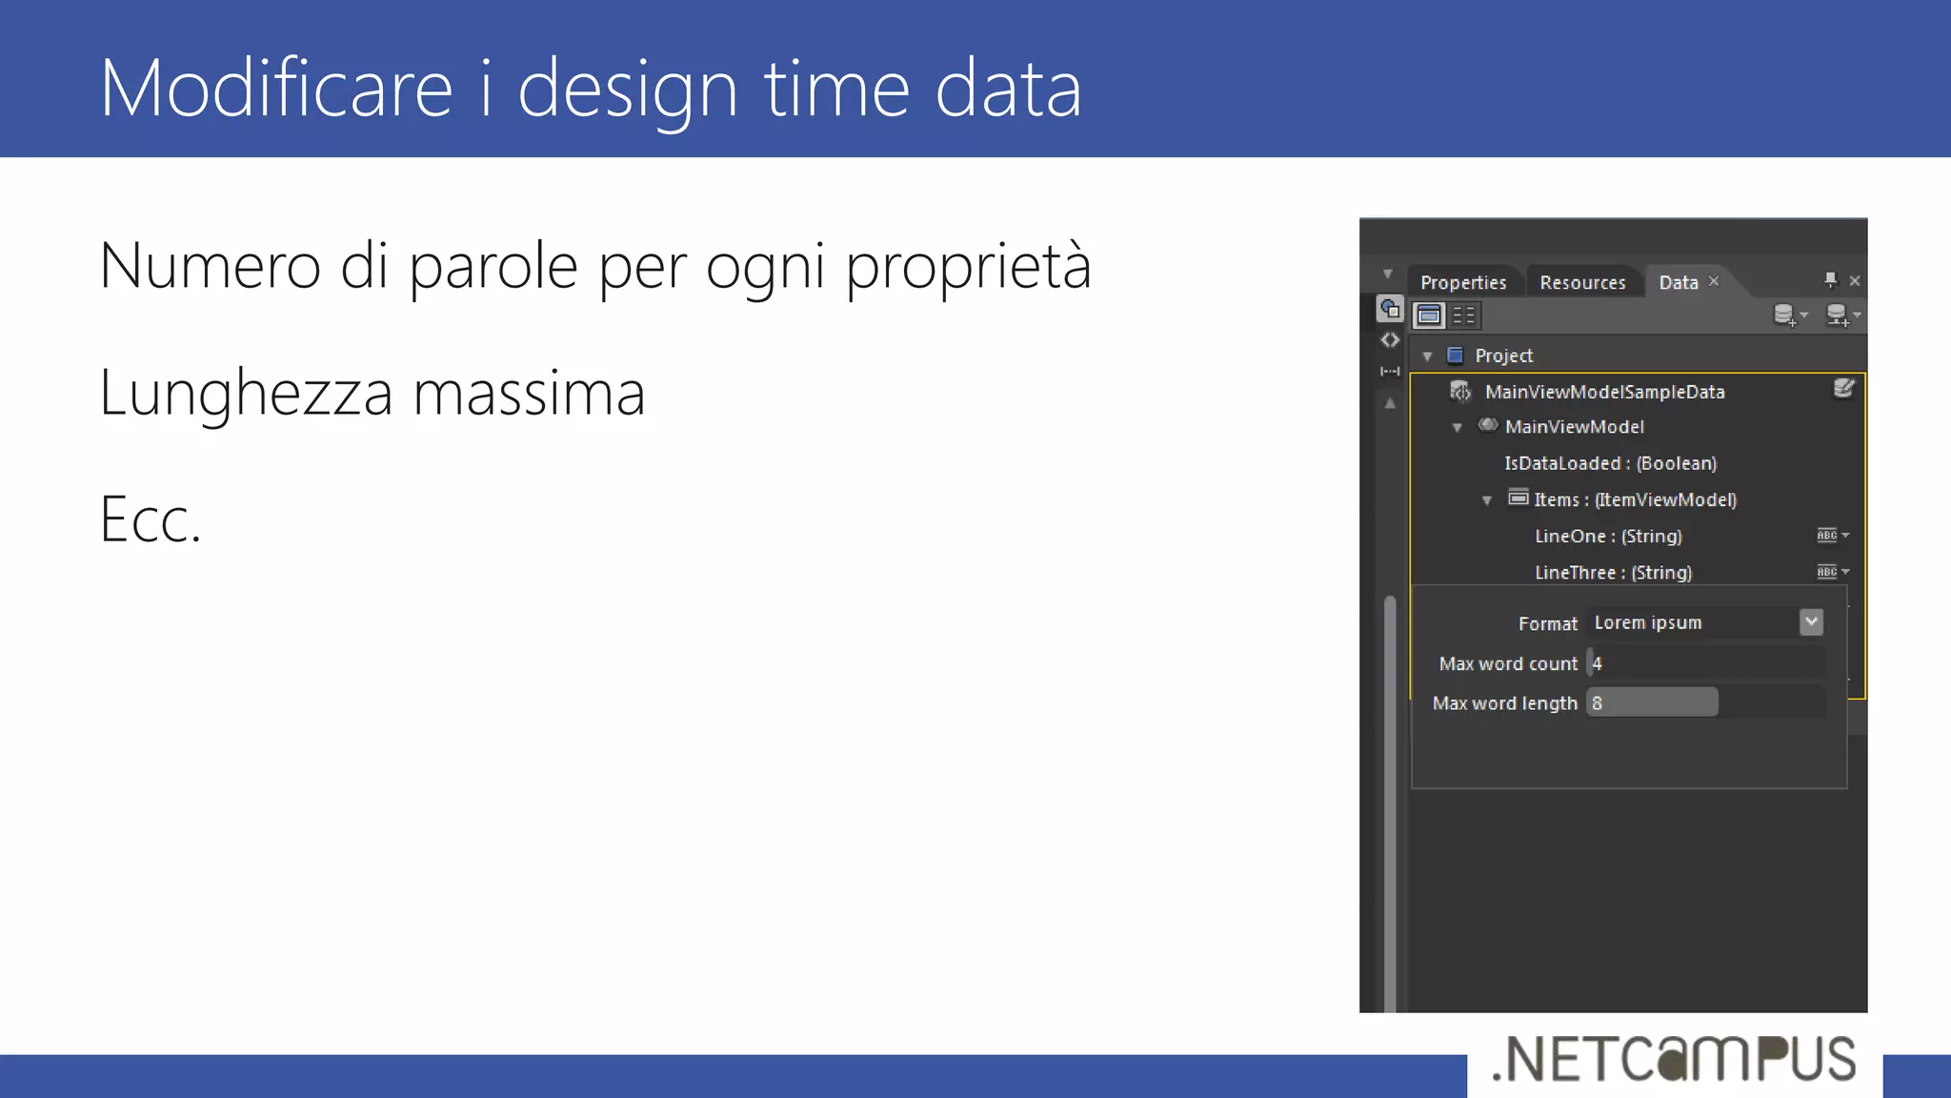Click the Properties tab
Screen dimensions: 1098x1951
[1463, 282]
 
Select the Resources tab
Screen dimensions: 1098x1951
[1582, 282]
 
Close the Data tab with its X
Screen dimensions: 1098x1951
[1714, 281]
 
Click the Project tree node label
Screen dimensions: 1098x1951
[1503, 356]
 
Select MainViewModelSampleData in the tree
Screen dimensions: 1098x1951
[1604, 392]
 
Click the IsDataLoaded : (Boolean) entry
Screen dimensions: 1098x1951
[1610, 463]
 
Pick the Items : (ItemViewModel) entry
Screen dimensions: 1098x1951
[1635, 499]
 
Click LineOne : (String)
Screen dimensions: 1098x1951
[1608, 536]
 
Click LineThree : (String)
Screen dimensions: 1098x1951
[1613, 572]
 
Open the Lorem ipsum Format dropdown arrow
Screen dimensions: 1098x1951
[1811, 622]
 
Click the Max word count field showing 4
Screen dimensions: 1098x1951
[1705, 663]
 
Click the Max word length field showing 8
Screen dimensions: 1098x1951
[1652, 703]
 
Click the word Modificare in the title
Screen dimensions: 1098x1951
[276, 88]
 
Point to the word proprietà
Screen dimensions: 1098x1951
[968, 266]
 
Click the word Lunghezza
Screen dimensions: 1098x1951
[246, 393]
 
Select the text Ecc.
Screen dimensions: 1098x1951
[151, 520]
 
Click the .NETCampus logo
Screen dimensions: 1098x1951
[1674, 1059]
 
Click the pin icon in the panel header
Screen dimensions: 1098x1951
[1830, 279]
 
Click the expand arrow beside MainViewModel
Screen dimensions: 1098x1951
[1457, 428]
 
